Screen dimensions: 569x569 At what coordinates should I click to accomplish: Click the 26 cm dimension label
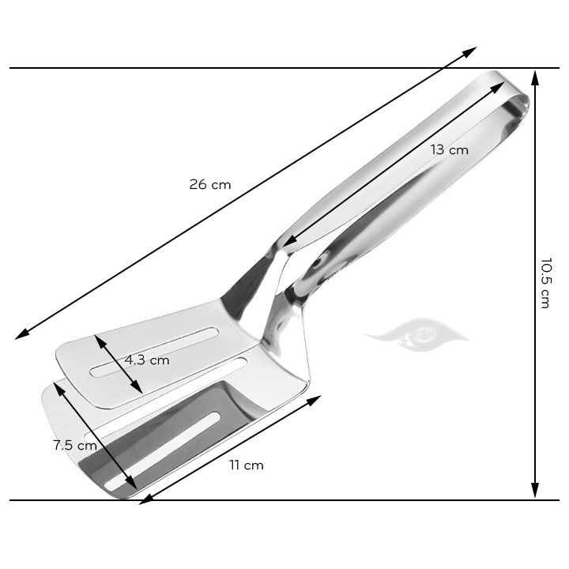(209, 184)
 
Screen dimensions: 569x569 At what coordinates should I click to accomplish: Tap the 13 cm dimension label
(449, 149)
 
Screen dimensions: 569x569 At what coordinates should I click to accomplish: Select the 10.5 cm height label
(545, 282)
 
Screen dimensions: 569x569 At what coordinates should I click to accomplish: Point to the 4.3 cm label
(147, 360)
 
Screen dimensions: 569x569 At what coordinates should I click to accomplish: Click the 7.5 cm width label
(74, 445)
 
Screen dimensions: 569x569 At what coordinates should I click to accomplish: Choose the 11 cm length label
(246, 465)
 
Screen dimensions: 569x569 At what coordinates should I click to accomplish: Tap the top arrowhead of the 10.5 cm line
(535, 76)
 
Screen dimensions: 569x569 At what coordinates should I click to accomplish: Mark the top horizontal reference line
(237, 68)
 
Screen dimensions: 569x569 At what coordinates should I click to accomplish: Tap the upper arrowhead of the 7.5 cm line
(57, 386)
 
